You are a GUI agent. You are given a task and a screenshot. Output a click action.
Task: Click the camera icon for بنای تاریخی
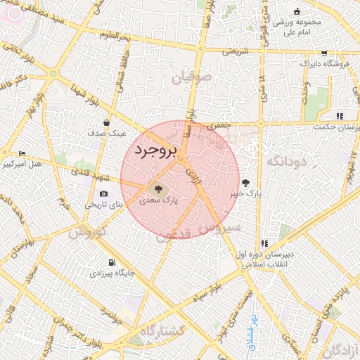coord(104,194)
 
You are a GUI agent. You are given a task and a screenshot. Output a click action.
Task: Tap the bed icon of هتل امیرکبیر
coord(22,153)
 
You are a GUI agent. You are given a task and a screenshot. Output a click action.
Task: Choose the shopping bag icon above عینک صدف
coord(106,122)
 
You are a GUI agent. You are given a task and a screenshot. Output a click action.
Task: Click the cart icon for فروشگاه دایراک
coord(323,53)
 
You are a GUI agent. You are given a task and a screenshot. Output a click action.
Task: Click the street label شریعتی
coord(236,51)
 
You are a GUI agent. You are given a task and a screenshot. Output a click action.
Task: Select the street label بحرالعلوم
coord(115,34)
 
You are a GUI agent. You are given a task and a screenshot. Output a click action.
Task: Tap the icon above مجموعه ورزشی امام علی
coord(297,11)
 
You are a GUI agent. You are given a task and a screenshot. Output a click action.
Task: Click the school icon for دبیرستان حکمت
coord(340,116)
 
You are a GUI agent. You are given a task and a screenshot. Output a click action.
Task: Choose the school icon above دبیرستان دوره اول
coord(265,243)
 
